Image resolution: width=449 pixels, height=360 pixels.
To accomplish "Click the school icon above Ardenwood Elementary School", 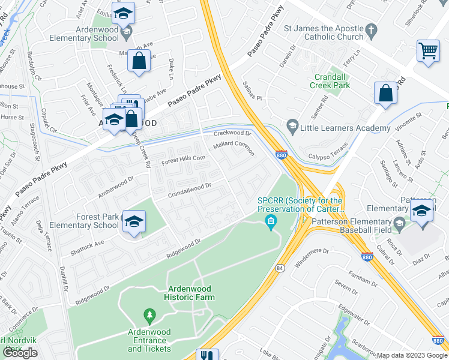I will (124, 13).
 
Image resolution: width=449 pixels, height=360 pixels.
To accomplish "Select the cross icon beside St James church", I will (372, 29).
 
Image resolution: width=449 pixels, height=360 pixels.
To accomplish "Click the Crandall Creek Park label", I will (330, 81).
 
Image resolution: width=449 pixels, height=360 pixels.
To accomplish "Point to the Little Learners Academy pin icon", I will (292, 125).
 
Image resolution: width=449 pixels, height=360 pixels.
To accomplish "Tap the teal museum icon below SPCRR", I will (271, 224).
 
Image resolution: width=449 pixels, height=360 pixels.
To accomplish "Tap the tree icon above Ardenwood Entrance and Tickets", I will (149, 315).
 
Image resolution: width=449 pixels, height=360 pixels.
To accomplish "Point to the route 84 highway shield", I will (280, 269).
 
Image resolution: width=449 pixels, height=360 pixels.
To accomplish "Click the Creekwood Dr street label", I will (232, 133).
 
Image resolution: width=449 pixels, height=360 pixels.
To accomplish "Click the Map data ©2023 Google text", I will (412, 355).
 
